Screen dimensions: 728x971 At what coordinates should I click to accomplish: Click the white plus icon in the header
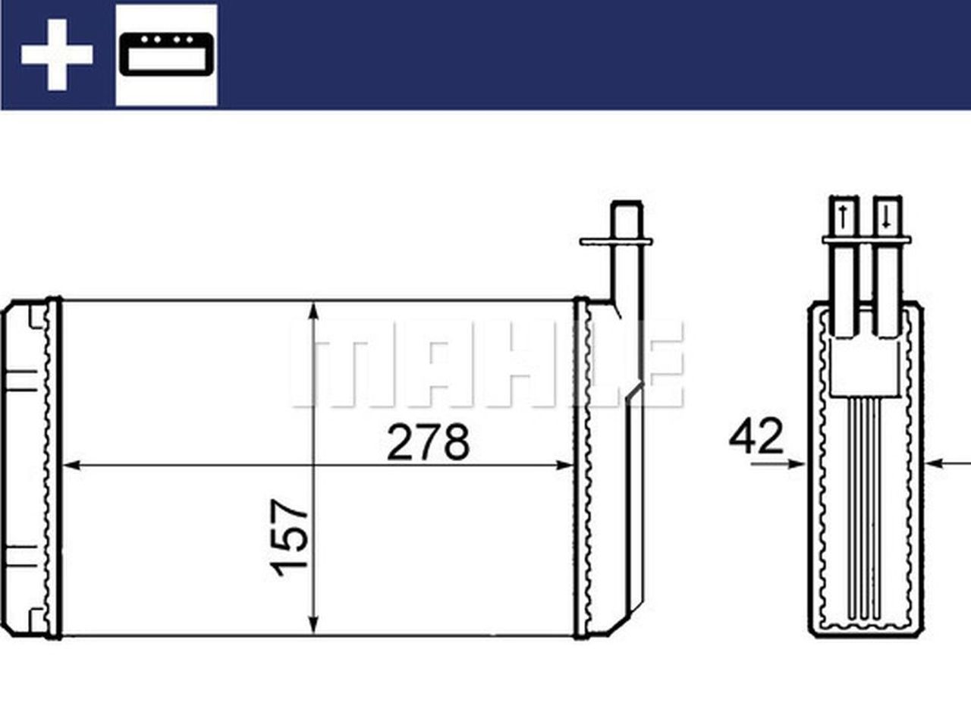point(56,55)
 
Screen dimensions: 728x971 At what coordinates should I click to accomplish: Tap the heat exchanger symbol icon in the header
point(167,55)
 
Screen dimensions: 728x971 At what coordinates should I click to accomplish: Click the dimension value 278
point(428,442)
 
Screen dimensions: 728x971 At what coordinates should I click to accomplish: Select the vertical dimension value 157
point(293,537)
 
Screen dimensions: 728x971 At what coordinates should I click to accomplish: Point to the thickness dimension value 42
point(756,437)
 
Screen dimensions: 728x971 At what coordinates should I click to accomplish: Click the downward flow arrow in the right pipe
point(885,218)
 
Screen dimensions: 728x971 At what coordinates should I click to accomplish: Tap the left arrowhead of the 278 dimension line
point(68,465)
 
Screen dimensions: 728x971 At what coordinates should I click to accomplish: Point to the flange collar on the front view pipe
point(615,241)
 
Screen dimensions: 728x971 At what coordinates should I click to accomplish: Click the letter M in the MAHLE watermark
point(338,364)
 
